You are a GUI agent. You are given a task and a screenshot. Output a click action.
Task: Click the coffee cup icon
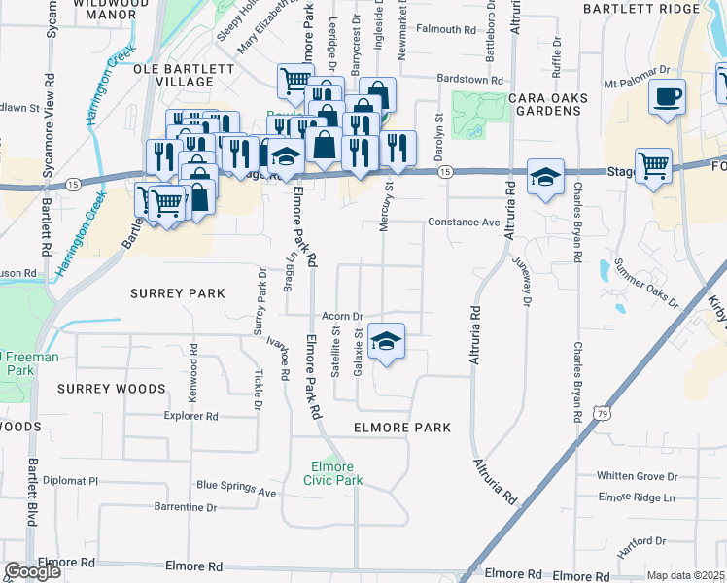pos(668,97)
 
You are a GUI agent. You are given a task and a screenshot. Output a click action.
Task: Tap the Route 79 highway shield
pos(603,414)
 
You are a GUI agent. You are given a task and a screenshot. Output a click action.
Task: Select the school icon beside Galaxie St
pos(387,341)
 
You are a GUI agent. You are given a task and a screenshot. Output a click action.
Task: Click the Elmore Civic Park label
pos(332,472)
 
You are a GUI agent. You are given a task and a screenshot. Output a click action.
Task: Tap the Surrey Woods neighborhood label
pos(111,389)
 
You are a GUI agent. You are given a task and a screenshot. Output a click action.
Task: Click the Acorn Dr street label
pos(343,317)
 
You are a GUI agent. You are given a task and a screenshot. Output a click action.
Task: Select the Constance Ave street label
pos(463,223)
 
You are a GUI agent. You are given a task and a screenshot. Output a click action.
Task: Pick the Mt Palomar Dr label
pos(638,71)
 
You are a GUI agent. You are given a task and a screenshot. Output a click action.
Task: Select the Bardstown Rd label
pos(469,80)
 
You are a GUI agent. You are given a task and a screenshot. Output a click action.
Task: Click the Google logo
pos(32,571)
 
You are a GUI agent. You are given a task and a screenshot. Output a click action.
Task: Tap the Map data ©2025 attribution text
pos(685,575)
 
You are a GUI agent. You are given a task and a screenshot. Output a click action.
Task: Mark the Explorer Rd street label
pos(190,416)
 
